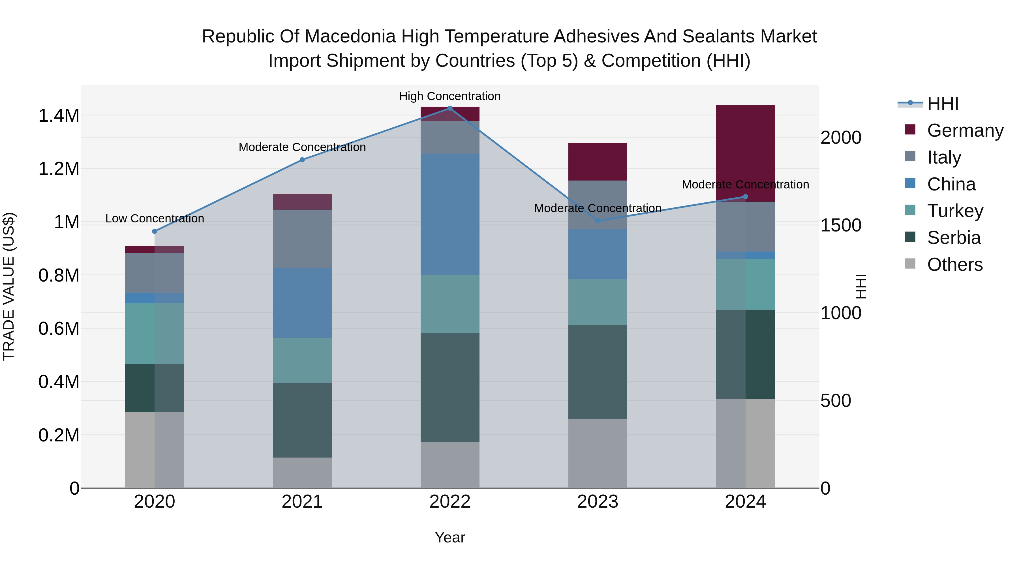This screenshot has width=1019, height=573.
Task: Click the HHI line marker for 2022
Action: point(450,108)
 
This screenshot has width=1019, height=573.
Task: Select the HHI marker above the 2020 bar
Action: point(155,231)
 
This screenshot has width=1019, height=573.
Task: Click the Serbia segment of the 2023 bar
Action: point(598,372)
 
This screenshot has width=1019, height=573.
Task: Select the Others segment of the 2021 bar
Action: point(302,473)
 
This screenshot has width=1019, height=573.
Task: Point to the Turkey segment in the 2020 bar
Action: point(155,333)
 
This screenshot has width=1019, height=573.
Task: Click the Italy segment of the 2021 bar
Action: point(302,239)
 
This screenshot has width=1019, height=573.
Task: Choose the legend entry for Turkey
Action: point(955,211)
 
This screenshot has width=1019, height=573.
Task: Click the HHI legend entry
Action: point(943,104)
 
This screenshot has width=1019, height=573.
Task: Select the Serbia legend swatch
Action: point(910,237)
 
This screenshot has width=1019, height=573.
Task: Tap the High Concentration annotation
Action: point(450,96)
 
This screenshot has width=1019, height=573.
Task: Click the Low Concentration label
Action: point(155,218)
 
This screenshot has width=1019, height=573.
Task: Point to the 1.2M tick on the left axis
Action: point(59,169)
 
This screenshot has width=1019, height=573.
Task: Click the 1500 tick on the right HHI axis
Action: point(841,226)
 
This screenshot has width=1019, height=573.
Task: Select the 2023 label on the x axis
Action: point(598,502)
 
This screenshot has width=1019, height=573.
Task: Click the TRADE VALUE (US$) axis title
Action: point(9,286)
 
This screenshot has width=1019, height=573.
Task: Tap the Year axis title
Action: point(450,537)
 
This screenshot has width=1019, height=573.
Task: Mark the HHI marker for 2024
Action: point(745,197)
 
